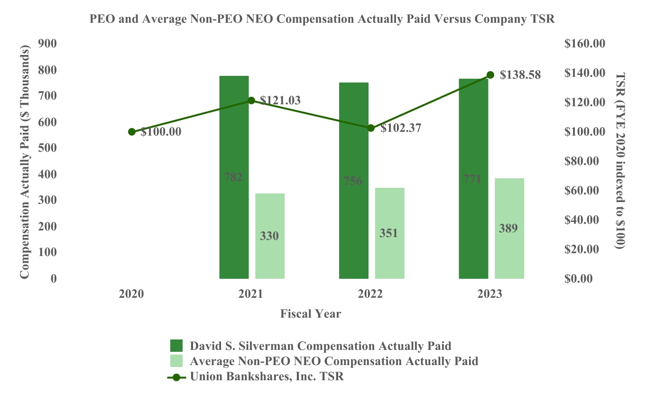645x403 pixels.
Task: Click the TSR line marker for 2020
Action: coord(132,132)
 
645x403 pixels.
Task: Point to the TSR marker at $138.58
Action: coord(490,75)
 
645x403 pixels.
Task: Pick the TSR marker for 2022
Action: coord(371,128)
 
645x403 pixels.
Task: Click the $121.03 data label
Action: coord(280,101)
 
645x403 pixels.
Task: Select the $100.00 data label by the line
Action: coord(161,132)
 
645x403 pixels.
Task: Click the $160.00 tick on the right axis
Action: coord(585,44)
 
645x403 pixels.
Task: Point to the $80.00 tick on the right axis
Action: coord(585,161)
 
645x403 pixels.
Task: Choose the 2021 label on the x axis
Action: coord(251,294)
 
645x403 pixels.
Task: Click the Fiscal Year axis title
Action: coord(311,313)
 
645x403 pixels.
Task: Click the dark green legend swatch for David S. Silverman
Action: coord(176,345)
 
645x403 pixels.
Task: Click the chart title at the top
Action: coord(322,19)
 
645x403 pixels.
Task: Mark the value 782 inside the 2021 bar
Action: coord(233,178)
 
